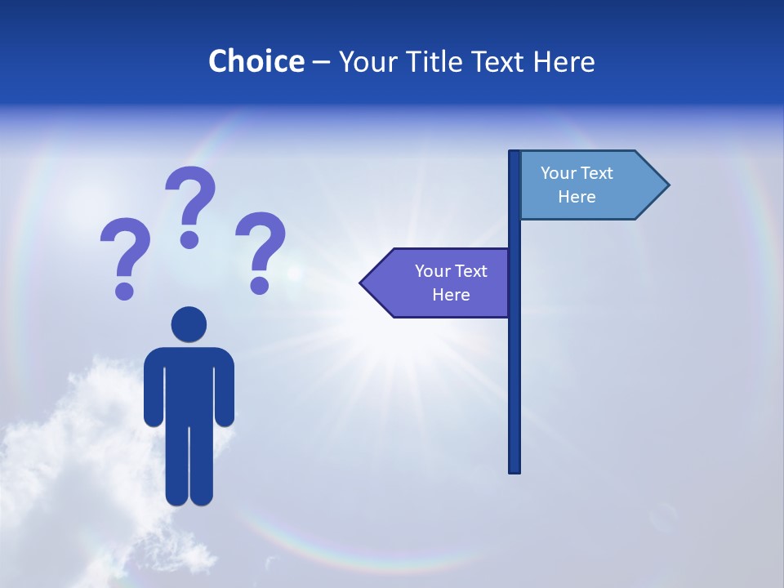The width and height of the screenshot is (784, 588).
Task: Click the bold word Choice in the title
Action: [256, 61]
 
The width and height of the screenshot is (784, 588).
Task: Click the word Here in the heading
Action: [563, 61]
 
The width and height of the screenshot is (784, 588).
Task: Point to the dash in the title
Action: [321, 62]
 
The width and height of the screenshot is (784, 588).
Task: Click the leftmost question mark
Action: [124, 256]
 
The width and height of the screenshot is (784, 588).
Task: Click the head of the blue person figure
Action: [189, 324]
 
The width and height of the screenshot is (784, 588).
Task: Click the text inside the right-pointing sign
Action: [577, 185]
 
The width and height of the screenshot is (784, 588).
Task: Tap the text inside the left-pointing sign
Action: [451, 283]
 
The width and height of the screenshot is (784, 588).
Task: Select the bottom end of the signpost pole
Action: [514, 469]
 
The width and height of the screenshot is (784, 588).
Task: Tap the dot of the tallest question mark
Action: [189, 238]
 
